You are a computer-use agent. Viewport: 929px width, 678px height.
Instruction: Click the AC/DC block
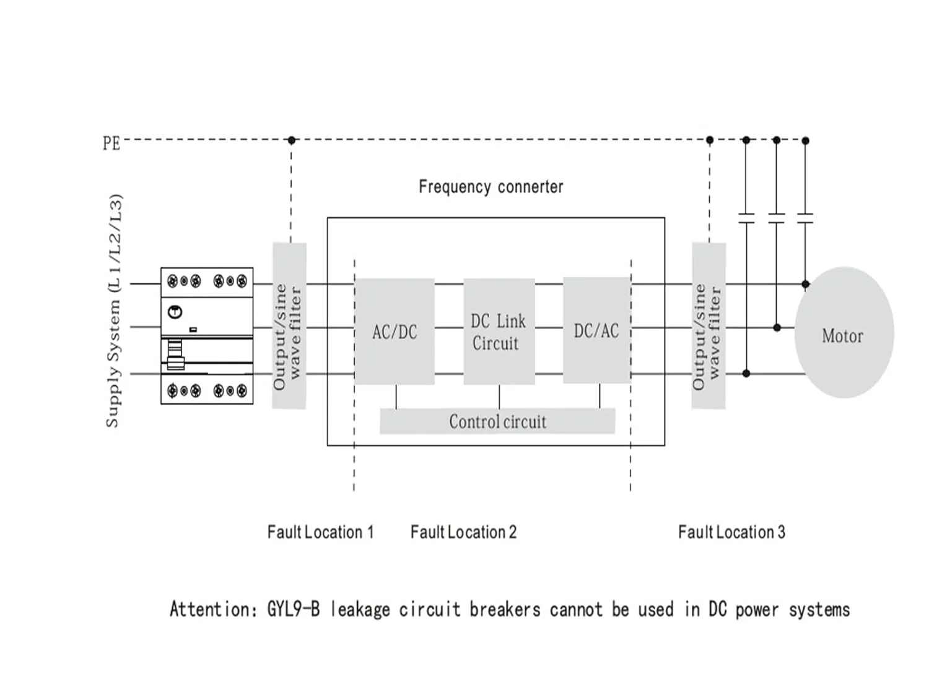click(395, 332)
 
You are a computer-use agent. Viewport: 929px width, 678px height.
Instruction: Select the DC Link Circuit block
click(499, 332)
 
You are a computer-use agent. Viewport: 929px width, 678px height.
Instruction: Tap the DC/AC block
click(596, 330)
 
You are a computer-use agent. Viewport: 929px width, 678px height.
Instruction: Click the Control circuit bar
click(497, 421)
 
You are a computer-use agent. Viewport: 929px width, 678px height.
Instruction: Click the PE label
click(111, 144)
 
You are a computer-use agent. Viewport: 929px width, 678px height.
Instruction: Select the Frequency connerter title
click(491, 187)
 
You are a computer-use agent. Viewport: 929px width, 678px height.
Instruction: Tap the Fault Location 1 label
click(320, 532)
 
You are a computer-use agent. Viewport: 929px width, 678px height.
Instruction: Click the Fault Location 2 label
click(463, 532)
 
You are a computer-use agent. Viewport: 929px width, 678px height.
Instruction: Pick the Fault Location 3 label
click(731, 532)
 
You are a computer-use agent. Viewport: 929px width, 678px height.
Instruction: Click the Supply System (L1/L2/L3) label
click(114, 311)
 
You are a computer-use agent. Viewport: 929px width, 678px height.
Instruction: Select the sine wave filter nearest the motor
click(708, 326)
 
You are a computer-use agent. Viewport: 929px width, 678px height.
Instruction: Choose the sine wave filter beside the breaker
click(289, 326)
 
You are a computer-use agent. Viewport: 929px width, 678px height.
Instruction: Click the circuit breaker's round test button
click(175, 312)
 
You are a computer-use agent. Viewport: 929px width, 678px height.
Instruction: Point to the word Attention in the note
click(209, 609)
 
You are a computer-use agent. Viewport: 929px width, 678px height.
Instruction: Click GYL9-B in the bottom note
click(294, 609)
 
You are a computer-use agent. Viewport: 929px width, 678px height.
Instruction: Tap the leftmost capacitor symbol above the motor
click(746, 218)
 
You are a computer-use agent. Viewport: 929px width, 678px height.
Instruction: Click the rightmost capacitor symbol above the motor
click(805, 218)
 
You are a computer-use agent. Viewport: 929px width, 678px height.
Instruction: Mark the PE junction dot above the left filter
click(292, 140)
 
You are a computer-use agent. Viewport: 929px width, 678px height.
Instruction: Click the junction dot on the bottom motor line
click(746, 374)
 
